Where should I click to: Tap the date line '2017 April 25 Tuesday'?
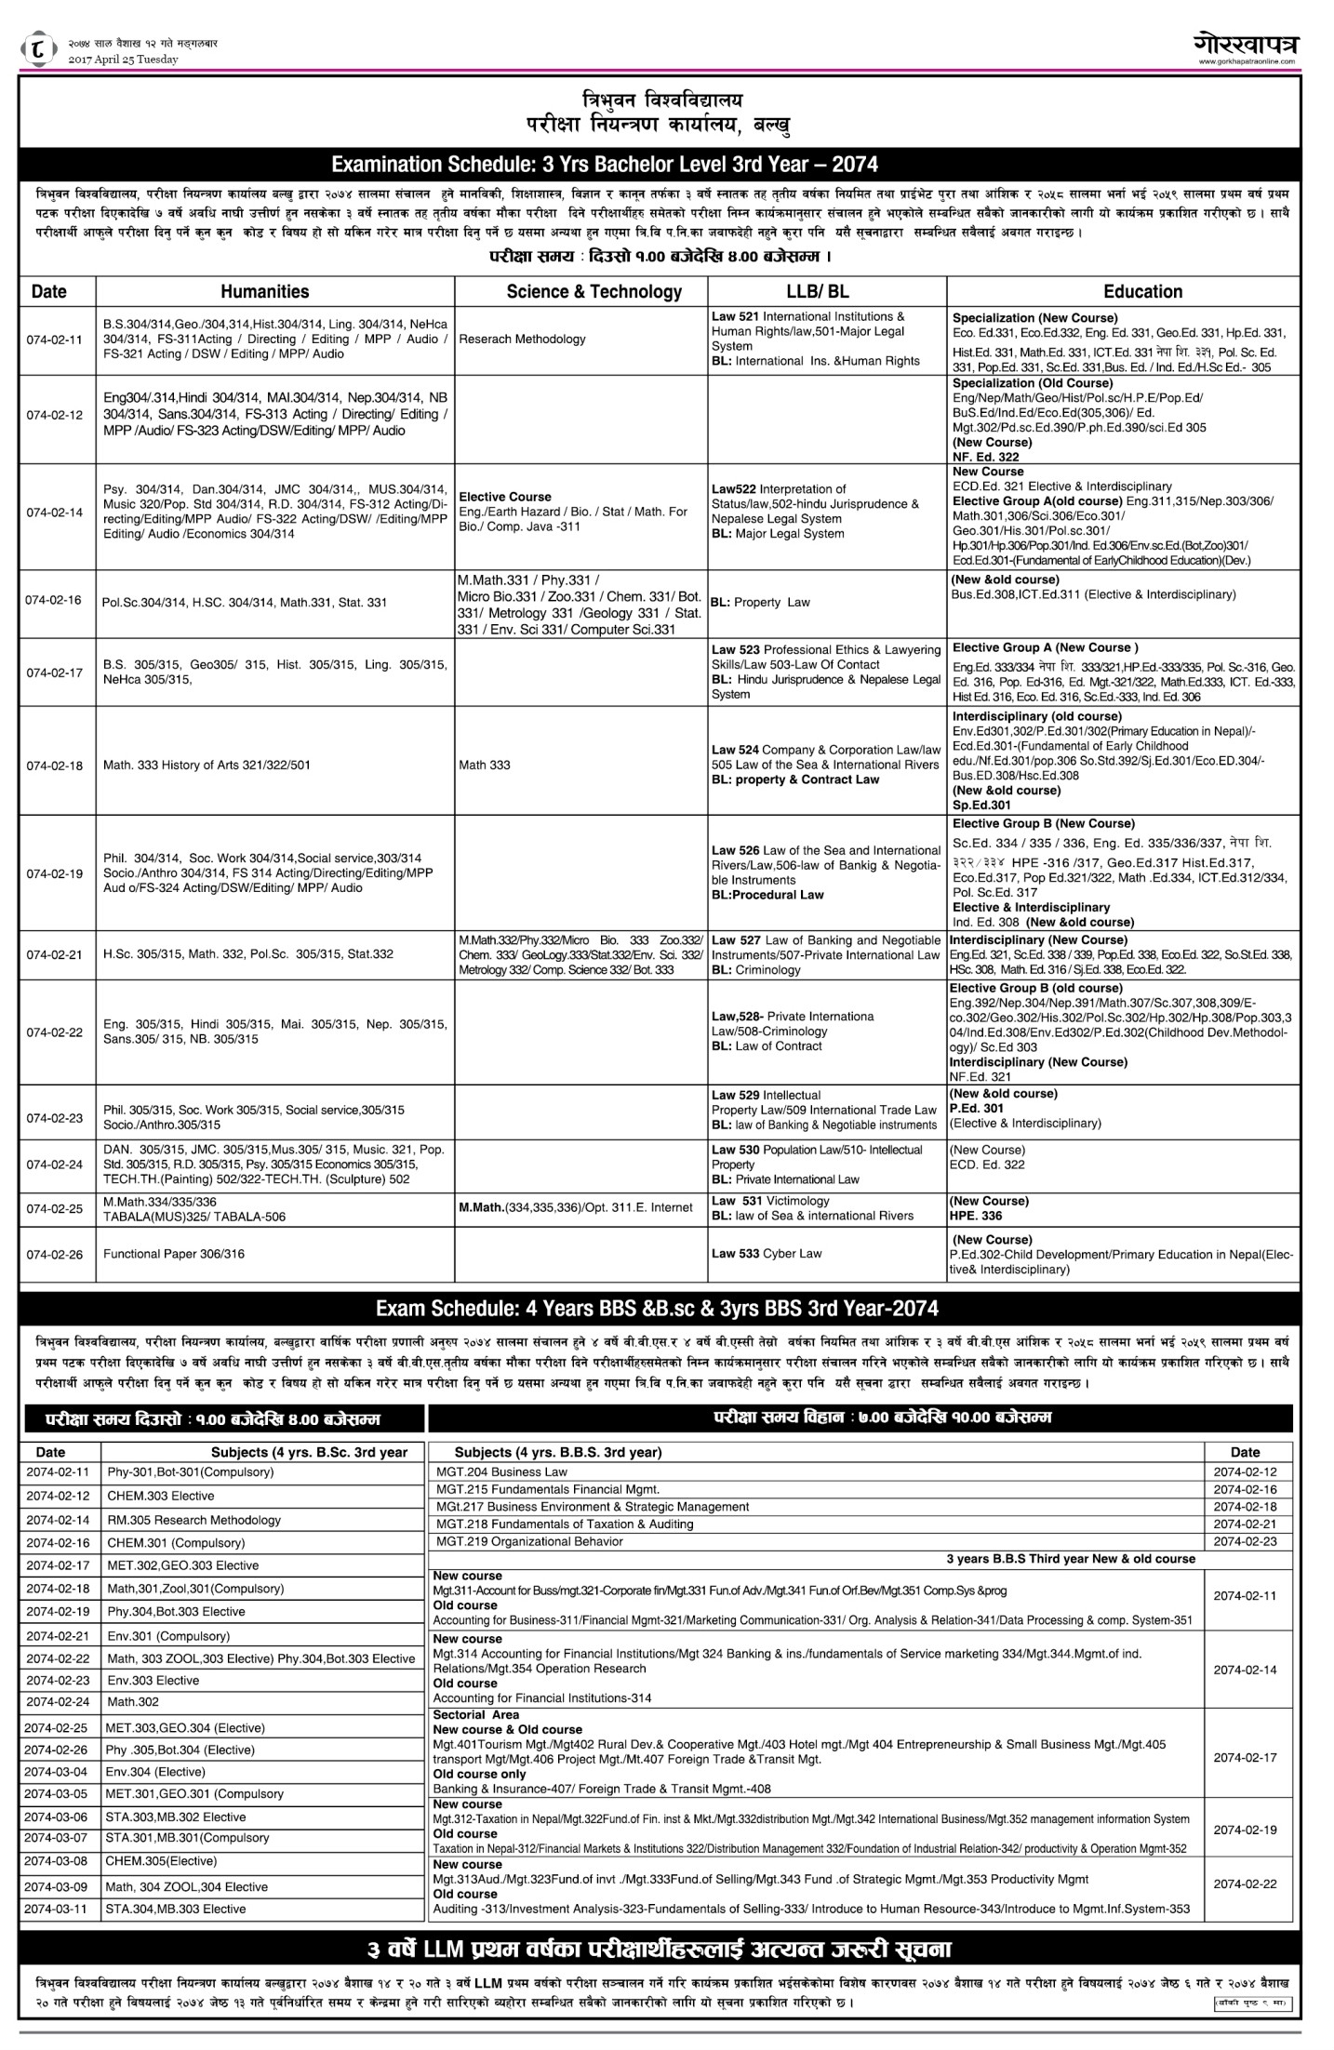pyautogui.click(x=123, y=60)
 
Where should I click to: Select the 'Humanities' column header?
pyautogui.click(x=264, y=291)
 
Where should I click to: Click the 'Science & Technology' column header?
pyautogui.click(x=594, y=291)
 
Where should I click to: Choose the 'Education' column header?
pyautogui.click(x=1142, y=291)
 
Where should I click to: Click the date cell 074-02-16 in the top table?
pyautogui.click(x=54, y=601)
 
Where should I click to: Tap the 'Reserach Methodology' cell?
pyautogui.click(x=522, y=339)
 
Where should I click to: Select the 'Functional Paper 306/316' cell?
pyautogui.click(x=174, y=1254)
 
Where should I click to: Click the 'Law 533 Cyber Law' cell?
pyautogui.click(x=767, y=1253)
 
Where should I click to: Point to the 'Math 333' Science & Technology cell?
pyautogui.click(x=485, y=765)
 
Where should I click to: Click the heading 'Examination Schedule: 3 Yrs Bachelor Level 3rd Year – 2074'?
pyautogui.click(x=605, y=165)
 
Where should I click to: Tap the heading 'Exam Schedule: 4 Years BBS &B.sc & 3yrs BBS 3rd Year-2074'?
pyautogui.click(x=656, y=1309)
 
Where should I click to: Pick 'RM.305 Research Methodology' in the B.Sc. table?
pyautogui.click(x=193, y=1520)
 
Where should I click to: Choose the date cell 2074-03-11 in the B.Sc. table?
pyautogui.click(x=57, y=1909)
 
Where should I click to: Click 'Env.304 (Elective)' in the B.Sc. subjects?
pyautogui.click(x=155, y=1771)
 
